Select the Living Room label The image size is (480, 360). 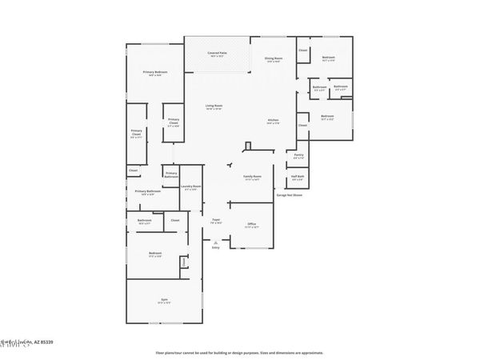213,106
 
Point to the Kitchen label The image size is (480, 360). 273,122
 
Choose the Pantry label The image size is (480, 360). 298,156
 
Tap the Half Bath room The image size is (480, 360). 298,178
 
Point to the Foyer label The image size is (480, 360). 216,220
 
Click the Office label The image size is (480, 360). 251,225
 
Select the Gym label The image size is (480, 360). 163,301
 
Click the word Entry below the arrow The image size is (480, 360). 215,248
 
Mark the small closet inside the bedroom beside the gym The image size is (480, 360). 183,262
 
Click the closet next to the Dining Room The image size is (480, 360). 303,51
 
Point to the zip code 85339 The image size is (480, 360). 46,342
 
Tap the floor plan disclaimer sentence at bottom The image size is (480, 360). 240,352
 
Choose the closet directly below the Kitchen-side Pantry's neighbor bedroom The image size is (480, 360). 303,126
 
